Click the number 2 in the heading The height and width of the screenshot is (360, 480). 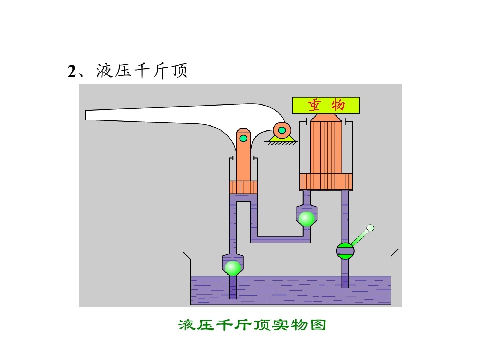point(72,72)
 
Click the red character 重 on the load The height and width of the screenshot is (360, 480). point(314,105)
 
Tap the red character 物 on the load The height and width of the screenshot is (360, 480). point(338,105)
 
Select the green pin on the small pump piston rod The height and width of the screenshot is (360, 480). point(243,138)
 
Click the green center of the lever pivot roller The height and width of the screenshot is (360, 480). point(282,130)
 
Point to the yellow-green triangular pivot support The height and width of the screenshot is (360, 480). point(282,139)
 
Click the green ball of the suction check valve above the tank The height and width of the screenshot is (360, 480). point(233,268)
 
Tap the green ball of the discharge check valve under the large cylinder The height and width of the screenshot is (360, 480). point(306,219)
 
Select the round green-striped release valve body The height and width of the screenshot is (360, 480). point(345,251)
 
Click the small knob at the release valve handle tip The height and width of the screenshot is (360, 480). point(370,228)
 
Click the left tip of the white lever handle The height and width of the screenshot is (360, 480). point(85,115)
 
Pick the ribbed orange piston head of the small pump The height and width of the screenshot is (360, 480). point(243,187)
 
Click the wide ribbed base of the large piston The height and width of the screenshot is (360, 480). point(326,182)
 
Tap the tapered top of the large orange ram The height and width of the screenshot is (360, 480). point(326,118)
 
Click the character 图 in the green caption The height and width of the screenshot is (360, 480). point(318,325)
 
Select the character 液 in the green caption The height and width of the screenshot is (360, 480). point(186,325)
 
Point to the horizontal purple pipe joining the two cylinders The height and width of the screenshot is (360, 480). point(280,239)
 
